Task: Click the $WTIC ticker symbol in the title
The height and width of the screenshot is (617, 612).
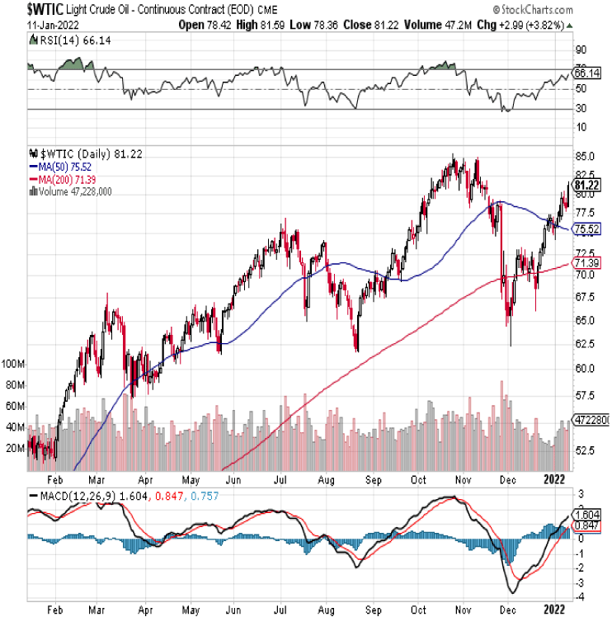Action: (x=22, y=9)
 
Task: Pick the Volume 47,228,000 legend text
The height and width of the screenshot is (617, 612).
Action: (x=74, y=191)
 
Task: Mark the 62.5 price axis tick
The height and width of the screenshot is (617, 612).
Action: (x=586, y=344)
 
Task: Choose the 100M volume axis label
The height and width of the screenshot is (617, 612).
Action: (x=13, y=364)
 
